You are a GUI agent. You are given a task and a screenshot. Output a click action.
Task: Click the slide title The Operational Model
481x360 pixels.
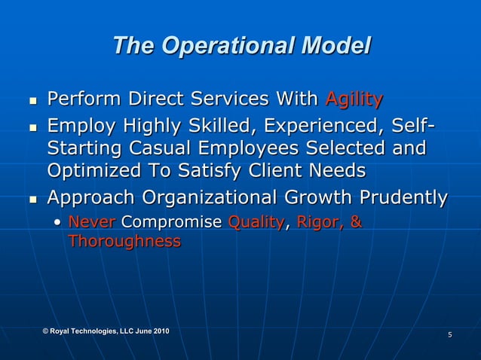click(241, 47)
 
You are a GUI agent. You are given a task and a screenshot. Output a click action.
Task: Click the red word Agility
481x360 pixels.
click(354, 99)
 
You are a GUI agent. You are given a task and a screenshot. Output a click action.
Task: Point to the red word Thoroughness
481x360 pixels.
click(124, 241)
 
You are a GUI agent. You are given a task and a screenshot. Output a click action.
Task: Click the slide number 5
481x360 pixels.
click(449, 334)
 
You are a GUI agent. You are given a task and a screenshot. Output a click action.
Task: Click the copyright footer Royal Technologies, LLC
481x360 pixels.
click(106, 331)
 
